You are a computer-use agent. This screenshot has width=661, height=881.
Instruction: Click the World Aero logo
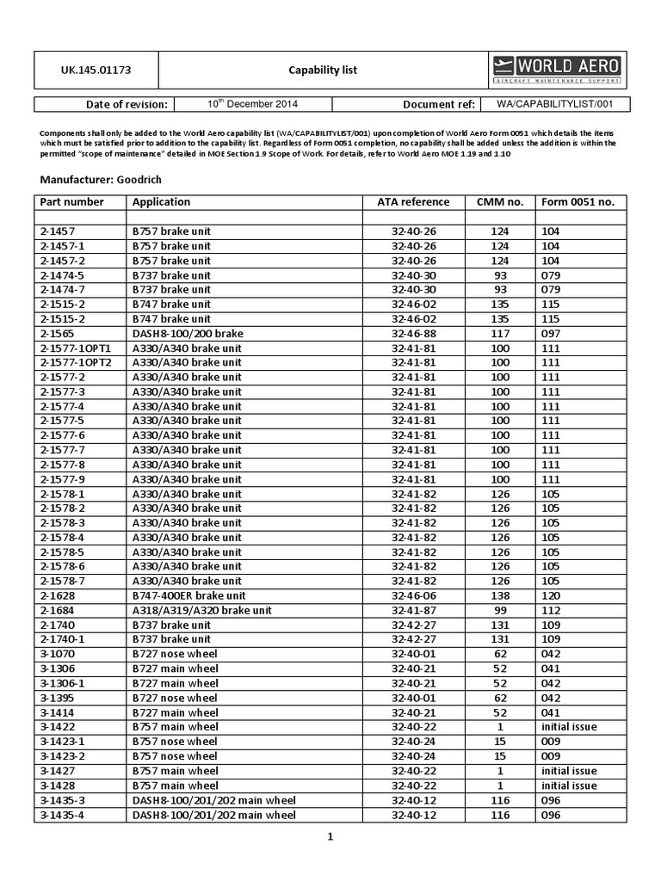(561, 70)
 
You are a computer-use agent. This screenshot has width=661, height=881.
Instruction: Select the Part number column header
(72, 202)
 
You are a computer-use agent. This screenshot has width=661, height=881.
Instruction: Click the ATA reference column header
(413, 202)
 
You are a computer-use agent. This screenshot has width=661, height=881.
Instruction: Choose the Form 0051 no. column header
(578, 202)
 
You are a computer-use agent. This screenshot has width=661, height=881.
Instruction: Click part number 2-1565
(58, 333)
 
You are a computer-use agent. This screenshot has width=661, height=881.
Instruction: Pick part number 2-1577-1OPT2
(76, 362)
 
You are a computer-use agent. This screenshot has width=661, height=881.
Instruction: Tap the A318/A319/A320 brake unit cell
(201, 610)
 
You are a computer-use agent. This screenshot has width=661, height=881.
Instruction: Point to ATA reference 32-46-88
(413, 333)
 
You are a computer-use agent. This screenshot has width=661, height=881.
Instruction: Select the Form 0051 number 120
(551, 595)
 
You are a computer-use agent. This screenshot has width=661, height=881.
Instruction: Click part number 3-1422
(58, 727)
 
